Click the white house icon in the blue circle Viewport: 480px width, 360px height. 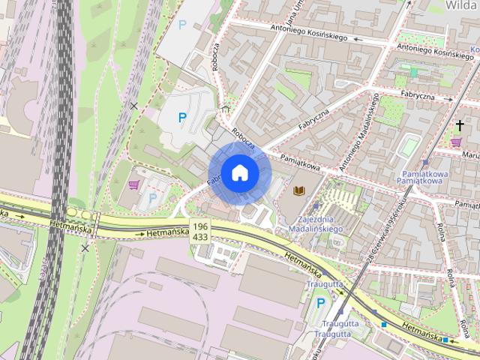coord(239,172)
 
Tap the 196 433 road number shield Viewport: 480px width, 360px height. coord(199,231)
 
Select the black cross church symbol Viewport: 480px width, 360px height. coord(459,125)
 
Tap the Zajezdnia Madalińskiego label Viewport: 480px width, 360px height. coord(315,223)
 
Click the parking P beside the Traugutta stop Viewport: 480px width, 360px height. coord(322,303)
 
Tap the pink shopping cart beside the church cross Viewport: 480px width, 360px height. coord(456,141)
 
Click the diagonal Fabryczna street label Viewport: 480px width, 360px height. coord(313,118)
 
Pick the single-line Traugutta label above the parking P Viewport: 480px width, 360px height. coord(324,285)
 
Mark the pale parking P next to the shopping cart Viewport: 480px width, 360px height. coord(154,197)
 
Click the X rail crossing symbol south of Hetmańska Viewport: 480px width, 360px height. coord(85,247)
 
